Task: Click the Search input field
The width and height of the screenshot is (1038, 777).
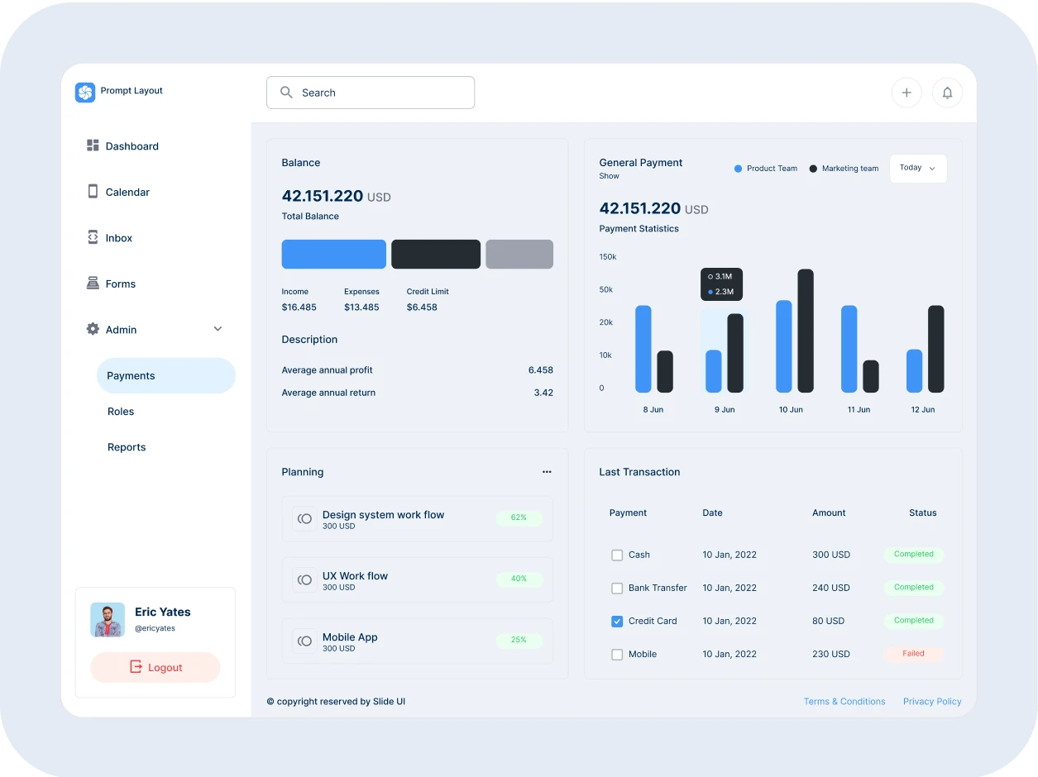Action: [x=371, y=93]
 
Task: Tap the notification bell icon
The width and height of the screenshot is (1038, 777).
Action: [x=947, y=93]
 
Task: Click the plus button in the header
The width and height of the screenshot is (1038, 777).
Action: [x=906, y=93]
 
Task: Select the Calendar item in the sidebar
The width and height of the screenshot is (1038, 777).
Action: [x=127, y=192]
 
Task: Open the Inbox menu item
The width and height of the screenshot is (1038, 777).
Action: [x=118, y=238]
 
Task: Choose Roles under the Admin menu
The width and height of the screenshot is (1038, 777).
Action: [x=121, y=412]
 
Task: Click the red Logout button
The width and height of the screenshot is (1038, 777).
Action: [x=155, y=667]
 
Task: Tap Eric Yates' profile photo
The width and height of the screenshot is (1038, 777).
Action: [x=108, y=619]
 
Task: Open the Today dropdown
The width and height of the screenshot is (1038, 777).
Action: [x=917, y=168]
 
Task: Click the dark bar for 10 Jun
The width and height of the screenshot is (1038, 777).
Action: [x=806, y=331]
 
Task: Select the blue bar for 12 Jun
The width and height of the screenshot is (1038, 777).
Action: [x=914, y=371]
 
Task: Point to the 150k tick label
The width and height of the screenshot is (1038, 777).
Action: [x=608, y=257]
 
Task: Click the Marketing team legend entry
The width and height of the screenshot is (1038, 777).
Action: [x=844, y=169]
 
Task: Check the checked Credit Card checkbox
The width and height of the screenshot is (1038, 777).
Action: [x=617, y=621]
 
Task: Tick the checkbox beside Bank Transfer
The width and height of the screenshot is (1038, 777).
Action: [x=617, y=588]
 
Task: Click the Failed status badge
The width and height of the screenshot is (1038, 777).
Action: [x=913, y=654]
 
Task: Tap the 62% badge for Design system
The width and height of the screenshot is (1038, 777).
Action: [x=519, y=517]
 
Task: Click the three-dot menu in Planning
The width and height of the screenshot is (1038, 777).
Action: [x=547, y=472]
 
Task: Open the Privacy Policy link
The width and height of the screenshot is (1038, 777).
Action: [x=932, y=701]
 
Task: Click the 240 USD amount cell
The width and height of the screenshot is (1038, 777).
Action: [x=830, y=588]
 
